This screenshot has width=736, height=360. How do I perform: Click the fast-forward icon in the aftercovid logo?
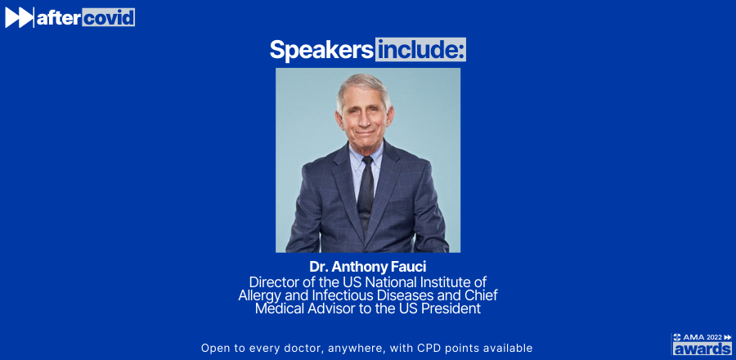point(19,18)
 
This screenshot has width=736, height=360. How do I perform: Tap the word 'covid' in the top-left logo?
point(109,17)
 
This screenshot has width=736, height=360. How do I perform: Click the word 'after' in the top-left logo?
point(59,18)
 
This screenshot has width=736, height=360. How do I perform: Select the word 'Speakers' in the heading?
point(321,50)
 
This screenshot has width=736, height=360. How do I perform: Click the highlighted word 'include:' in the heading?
point(420,50)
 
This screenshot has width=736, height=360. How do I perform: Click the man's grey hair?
point(364,86)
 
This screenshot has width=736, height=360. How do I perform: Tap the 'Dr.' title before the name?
point(319,267)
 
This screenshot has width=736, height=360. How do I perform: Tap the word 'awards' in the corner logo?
point(702,349)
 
